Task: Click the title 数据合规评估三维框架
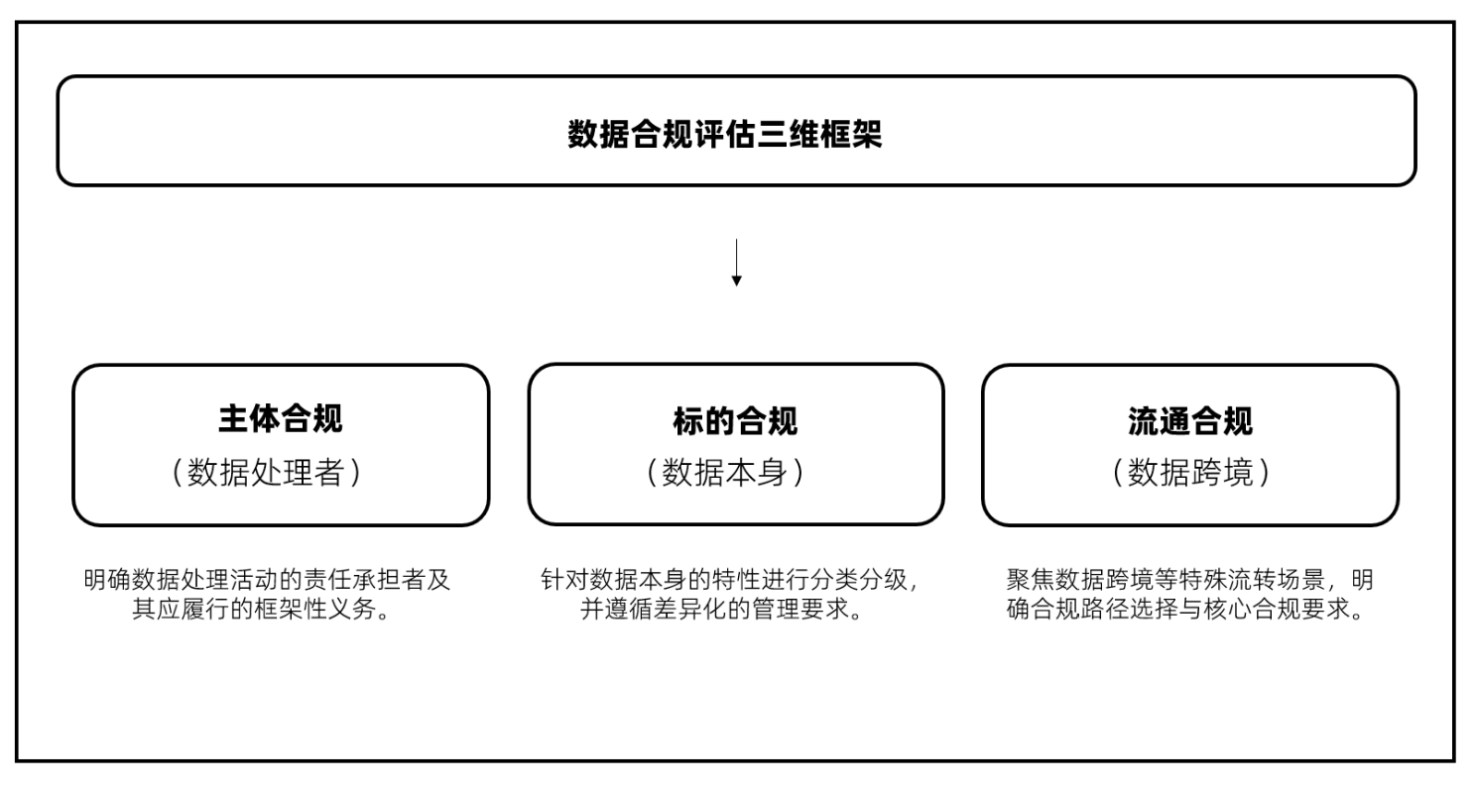coord(725,134)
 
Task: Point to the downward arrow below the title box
coord(736,263)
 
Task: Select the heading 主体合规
coord(281,418)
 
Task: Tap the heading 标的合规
coord(735,421)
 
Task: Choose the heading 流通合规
coord(1190,421)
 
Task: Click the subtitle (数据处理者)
coord(267,473)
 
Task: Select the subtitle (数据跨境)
coord(1190,473)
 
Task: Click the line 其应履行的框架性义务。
coord(267,609)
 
